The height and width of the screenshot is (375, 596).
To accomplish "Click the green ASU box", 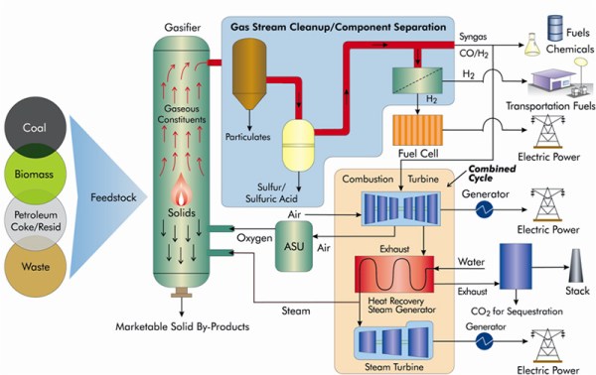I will [x=293, y=242].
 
